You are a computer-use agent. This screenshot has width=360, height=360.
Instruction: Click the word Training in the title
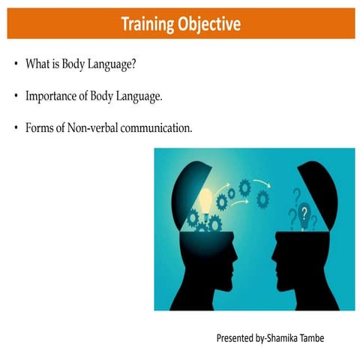(148, 25)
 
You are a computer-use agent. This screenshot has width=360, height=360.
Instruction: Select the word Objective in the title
(209, 25)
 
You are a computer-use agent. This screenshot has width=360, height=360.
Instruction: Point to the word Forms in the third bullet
(39, 128)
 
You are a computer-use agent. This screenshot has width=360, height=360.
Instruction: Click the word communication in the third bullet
(158, 128)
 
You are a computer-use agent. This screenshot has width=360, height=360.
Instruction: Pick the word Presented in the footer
(236, 338)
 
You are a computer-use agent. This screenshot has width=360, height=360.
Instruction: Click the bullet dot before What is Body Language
(16, 65)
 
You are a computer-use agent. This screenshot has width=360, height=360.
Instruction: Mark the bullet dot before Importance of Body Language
(16, 97)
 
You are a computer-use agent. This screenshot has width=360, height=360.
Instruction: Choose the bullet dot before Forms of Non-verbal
(16, 129)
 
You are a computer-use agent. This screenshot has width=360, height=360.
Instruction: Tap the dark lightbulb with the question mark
(303, 217)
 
